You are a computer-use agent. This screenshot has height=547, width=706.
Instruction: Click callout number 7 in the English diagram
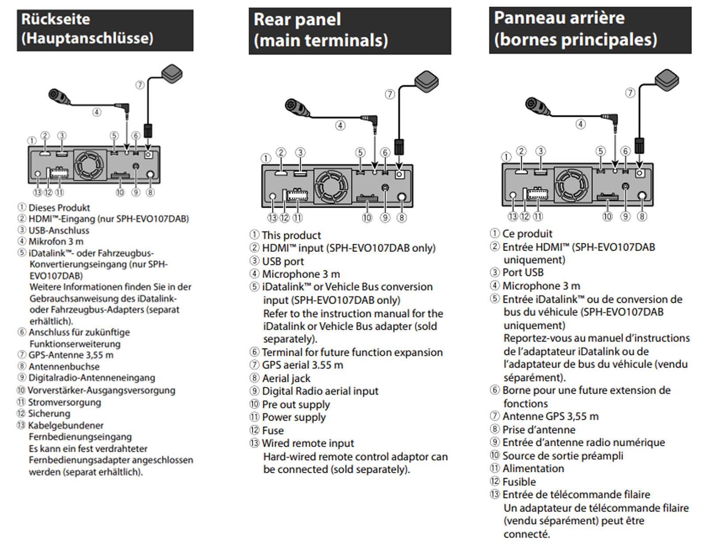click(x=390, y=94)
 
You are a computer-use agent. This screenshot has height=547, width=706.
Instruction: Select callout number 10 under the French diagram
click(x=608, y=217)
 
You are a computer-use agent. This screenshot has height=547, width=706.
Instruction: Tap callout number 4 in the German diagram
click(x=96, y=112)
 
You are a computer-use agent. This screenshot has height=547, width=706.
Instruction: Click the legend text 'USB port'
click(x=283, y=261)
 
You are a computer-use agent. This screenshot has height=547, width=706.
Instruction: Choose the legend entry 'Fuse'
click(x=273, y=430)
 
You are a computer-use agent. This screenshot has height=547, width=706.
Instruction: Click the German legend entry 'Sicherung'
click(x=49, y=414)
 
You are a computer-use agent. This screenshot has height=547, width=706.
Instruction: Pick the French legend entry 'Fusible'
click(x=519, y=482)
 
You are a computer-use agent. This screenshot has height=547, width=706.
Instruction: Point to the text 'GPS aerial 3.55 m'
click(x=302, y=365)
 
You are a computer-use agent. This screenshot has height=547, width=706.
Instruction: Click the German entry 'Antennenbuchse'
click(x=64, y=366)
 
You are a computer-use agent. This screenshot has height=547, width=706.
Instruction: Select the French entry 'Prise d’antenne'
click(x=539, y=429)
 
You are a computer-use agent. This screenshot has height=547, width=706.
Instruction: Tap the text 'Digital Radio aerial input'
click(x=320, y=391)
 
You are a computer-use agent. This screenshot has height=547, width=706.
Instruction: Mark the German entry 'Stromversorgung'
click(x=64, y=402)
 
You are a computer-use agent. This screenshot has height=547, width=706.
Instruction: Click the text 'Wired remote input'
click(x=308, y=443)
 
